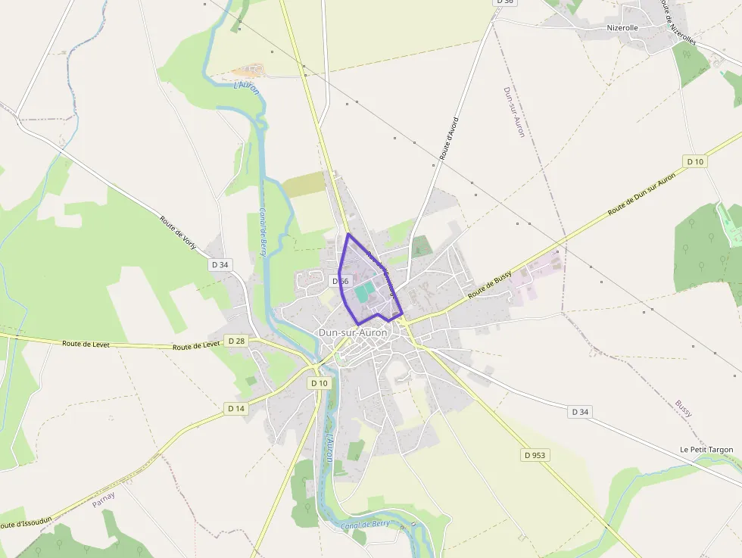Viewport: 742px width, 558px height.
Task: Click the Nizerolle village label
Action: pos(622,28)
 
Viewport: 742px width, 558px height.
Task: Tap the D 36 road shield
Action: pos(505,2)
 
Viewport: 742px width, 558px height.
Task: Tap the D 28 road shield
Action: pos(236,341)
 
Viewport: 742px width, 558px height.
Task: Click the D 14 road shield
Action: pos(236,408)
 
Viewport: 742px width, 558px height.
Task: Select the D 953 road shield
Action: pos(535,455)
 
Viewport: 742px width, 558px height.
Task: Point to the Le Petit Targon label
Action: pos(706,450)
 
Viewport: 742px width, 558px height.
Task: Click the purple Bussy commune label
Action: pos(684,409)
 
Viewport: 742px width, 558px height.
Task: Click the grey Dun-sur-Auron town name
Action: pos(352,332)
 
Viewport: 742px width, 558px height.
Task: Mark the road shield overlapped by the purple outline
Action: pos(341,281)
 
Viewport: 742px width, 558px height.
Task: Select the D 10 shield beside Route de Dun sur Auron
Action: pos(694,161)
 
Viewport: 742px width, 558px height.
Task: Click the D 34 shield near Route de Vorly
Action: pos(220,264)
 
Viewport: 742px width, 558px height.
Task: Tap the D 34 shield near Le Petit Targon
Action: pos(579,412)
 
